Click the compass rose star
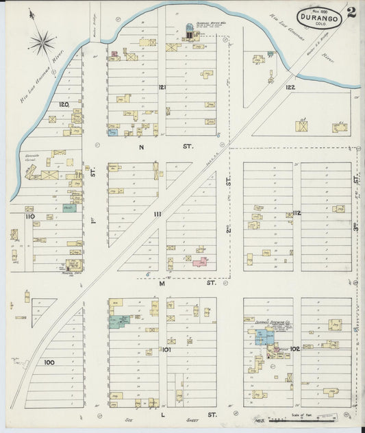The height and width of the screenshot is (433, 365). click(x=42, y=43)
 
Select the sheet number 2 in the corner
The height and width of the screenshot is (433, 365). click(x=351, y=12)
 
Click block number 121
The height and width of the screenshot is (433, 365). click(x=162, y=87)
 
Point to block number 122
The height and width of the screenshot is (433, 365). click(x=290, y=87)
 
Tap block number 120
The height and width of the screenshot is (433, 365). click(x=64, y=104)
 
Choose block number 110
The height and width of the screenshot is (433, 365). click(x=29, y=216)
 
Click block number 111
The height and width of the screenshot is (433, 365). click(x=158, y=214)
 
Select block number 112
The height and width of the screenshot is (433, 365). click(x=297, y=213)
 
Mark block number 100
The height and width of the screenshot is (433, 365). click(x=49, y=362)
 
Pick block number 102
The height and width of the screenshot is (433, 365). click(x=295, y=349)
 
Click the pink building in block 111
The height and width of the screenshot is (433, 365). click(x=199, y=262)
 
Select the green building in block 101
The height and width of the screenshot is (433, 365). click(x=121, y=321)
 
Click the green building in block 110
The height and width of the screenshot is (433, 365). click(x=69, y=207)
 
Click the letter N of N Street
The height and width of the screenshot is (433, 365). click(x=142, y=147)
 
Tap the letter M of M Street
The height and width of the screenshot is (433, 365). click(x=162, y=282)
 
